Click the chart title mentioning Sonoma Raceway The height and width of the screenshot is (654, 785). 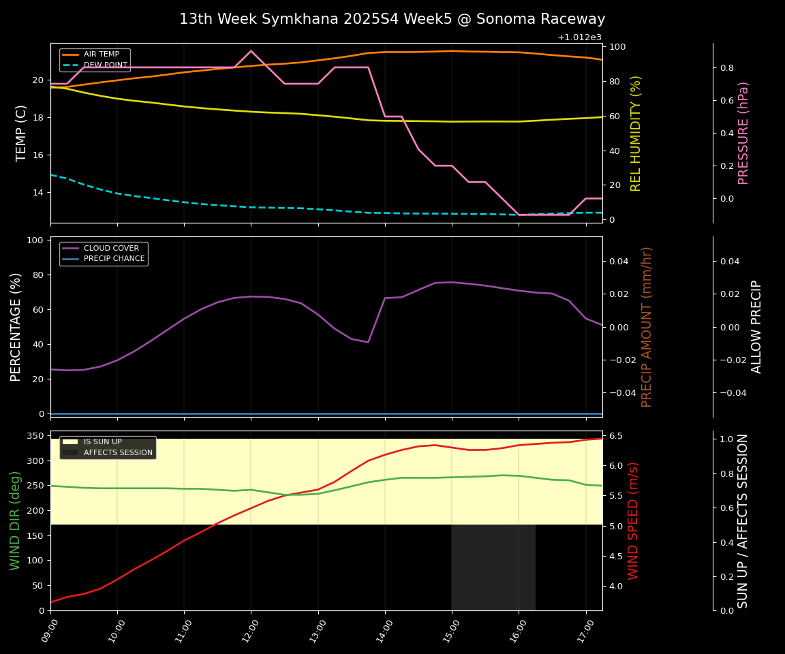pyautogui.click(x=392, y=19)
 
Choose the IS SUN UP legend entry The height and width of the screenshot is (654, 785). pyautogui.click(x=102, y=442)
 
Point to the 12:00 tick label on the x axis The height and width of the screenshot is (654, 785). pyautogui.click(x=247, y=630)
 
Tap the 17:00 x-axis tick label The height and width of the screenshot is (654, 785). pyautogui.click(x=581, y=630)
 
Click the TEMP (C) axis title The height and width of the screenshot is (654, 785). pyautogui.click(x=21, y=133)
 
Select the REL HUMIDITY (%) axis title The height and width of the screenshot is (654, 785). pyautogui.click(x=636, y=133)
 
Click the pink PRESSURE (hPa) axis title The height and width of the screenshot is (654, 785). pyautogui.click(x=743, y=133)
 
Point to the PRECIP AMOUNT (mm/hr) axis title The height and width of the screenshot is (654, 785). pyautogui.click(x=647, y=327)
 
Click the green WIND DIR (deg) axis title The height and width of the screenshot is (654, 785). pyautogui.click(x=15, y=520)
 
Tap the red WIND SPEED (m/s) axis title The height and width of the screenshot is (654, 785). pyautogui.click(x=634, y=520)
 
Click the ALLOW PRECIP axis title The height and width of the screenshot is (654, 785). pyautogui.click(x=756, y=327)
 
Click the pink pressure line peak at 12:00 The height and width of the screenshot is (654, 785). pyautogui.click(x=251, y=51)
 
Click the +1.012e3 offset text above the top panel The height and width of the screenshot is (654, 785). pyautogui.click(x=579, y=37)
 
